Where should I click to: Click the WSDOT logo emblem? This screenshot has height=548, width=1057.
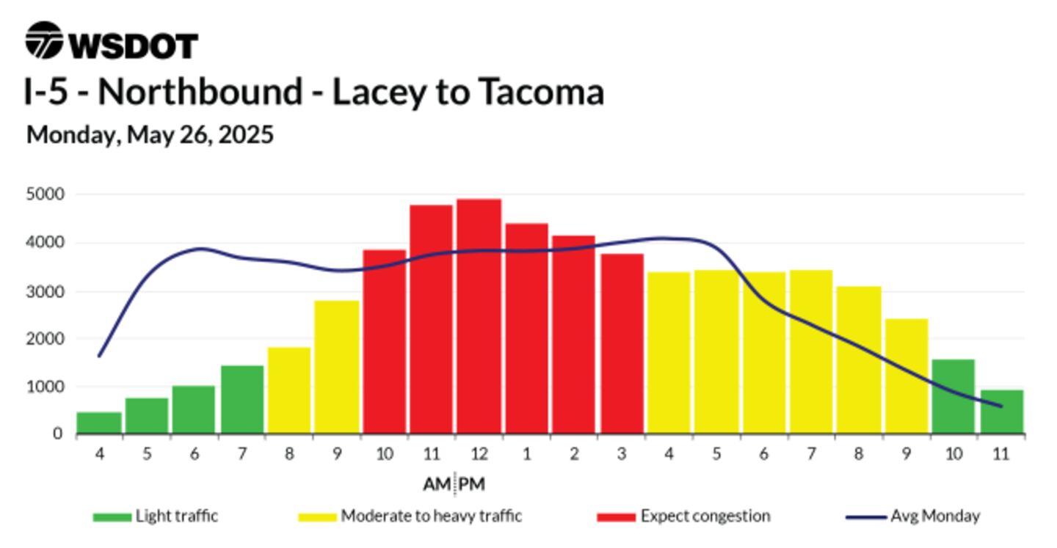pos(44,40)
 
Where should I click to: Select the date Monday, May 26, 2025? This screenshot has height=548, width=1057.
pos(150,135)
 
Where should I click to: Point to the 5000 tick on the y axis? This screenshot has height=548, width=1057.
pos(46,194)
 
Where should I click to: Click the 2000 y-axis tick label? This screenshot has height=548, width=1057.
pos(46,339)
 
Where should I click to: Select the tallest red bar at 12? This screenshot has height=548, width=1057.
pos(479,316)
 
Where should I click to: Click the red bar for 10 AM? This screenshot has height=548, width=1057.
pos(384,341)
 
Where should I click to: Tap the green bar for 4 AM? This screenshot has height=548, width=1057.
pos(99,423)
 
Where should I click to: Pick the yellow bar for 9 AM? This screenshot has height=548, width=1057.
pos(336,367)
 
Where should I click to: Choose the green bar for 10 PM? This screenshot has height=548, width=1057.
pos(954,397)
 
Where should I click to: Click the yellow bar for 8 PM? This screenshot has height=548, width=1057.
pos(859,359)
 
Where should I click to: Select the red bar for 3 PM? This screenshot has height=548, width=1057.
pos(622,344)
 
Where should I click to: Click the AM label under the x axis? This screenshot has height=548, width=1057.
pos(437,484)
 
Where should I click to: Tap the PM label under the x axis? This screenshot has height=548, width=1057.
pos(472,484)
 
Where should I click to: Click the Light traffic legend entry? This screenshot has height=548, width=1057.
pos(156,516)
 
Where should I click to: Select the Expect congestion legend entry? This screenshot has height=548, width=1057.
pos(684,516)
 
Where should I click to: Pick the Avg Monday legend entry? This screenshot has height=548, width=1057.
pos(912,516)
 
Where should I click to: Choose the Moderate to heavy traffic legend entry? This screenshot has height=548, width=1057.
pos(410,516)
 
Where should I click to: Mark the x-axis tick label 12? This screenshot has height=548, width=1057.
pos(479,454)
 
